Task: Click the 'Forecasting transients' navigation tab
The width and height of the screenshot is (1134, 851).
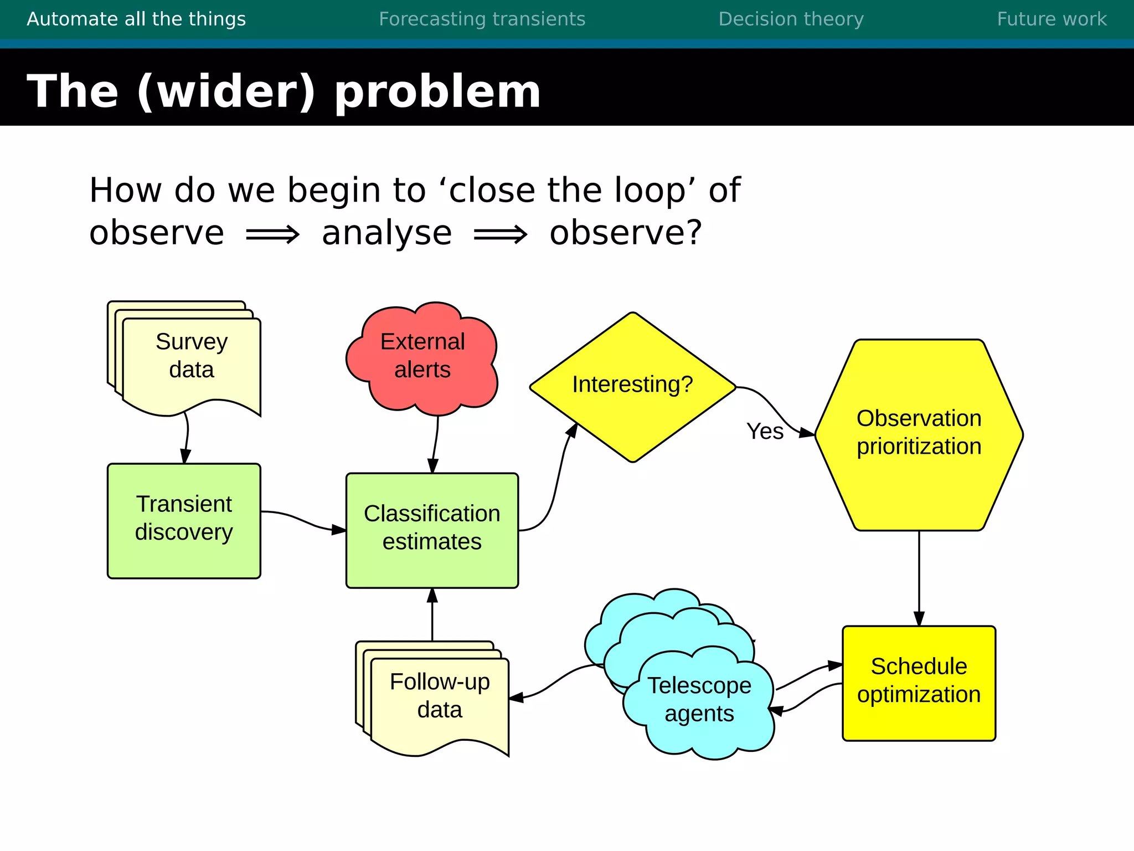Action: [x=482, y=19]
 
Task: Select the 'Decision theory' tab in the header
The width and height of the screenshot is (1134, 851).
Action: [x=791, y=19]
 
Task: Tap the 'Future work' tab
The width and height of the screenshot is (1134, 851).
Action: [x=1051, y=19]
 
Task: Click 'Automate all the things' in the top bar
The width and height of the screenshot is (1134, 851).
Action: [x=136, y=19]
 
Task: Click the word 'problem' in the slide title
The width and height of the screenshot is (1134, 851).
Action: [x=437, y=91]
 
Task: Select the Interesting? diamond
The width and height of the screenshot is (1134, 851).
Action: [x=632, y=385]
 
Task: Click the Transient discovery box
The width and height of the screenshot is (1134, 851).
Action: [x=184, y=519]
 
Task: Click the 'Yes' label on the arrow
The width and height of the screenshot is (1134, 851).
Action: [x=765, y=432]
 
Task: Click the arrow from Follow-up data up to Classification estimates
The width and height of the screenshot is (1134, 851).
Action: [x=432, y=615]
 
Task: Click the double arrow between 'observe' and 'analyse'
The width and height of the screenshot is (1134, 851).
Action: [x=272, y=234]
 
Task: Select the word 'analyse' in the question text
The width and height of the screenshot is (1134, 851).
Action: [x=386, y=233]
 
